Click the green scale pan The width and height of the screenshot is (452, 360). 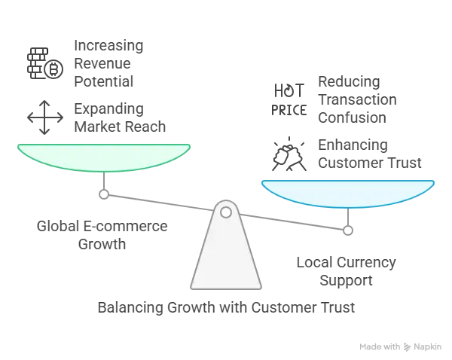104,155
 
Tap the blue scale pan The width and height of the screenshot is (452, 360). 347,191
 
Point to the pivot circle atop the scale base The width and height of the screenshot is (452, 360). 225,212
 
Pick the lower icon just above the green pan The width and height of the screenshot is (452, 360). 39,116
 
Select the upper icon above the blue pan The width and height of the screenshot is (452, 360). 284,98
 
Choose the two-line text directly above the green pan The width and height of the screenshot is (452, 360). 119,116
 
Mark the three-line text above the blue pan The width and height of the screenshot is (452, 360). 346,99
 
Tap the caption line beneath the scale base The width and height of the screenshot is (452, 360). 225,308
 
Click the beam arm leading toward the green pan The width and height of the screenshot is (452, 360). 158,201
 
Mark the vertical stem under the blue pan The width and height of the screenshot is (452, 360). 347,218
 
